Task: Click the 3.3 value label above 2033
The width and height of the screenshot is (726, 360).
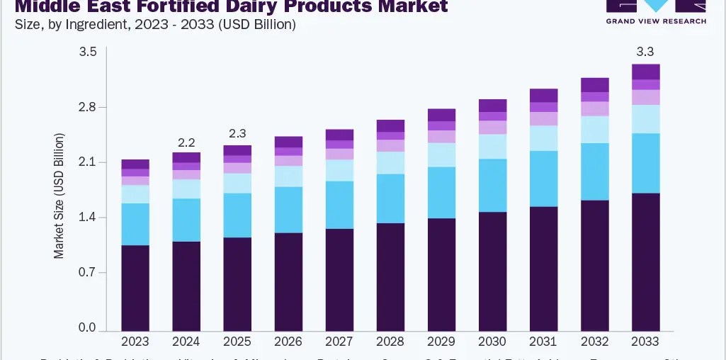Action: (645, 51)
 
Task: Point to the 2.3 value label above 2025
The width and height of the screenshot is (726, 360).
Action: (237, 133)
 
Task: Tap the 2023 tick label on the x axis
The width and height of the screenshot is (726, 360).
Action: (135, 342)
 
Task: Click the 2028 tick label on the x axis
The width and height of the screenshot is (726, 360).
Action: (390, 342)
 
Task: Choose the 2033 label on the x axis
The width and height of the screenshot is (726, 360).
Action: (645, 342)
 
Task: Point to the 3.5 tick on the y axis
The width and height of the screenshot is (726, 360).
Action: (88, 52)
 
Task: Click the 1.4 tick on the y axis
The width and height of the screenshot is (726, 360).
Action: (88, 218)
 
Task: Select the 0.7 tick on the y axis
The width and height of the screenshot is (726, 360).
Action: (88, 272)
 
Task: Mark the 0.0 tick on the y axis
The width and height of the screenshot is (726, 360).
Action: (88, 327)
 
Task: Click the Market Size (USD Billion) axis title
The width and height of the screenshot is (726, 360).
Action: (59, 195)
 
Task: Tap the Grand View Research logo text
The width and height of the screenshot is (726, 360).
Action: (655, 21)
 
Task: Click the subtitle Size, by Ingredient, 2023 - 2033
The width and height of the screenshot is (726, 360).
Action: (154, 24)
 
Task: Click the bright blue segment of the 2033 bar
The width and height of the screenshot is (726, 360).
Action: (645, 163)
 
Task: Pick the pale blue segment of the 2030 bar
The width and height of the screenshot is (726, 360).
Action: (492, 147)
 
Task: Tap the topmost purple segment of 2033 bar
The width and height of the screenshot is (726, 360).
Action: (645, 72)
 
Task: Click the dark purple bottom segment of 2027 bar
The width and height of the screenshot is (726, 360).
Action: (339, 280)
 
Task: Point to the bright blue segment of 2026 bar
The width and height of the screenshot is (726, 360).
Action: (288, 210)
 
